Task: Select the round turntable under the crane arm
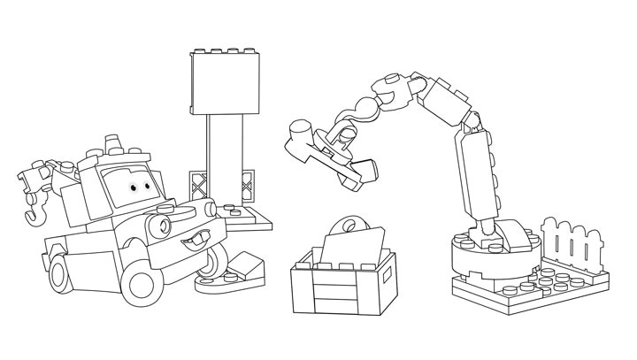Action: click(x=491, y=256)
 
